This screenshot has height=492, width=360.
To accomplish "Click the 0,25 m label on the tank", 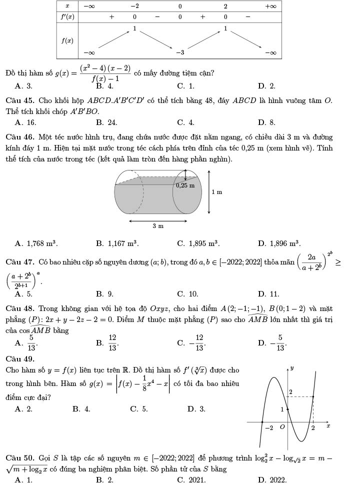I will point(185,185).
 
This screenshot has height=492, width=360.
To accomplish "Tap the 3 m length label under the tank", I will point(158,226).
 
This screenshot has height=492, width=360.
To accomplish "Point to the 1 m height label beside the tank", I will point(217,192).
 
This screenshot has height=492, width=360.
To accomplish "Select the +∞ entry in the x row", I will point(270,6).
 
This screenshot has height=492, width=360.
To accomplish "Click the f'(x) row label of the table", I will point(67,16).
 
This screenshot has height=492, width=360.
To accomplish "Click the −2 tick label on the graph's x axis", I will point(268,428).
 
